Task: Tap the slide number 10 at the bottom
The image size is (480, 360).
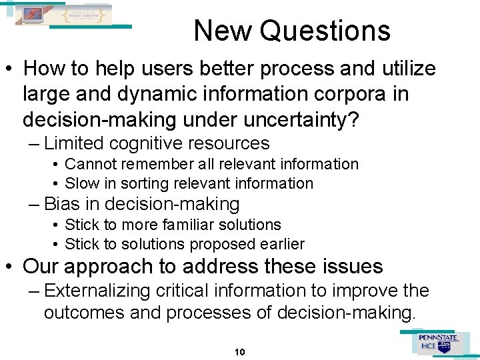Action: [x=240, y=351]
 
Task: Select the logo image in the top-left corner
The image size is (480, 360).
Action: [x=65, y=15]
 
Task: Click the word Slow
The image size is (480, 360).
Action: [x=81, y=183]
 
